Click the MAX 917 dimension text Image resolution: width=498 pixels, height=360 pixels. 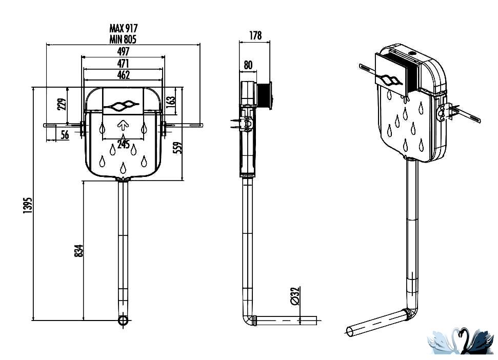[x=124, y=28]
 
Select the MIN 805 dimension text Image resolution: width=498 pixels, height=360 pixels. [x=123, y=39]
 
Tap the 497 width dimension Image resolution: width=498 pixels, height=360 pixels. [x=123, y=51]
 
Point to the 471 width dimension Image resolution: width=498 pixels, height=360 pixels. [x=123, y=63]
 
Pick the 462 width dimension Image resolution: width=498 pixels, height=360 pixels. [x=123, y=75]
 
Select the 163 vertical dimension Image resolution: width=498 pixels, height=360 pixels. [x=171, y=101]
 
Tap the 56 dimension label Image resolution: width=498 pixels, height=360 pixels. [x=65, y=134]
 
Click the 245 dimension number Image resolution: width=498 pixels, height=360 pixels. [x=123, y=144]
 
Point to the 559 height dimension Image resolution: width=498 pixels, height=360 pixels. [x=179, y=148]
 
